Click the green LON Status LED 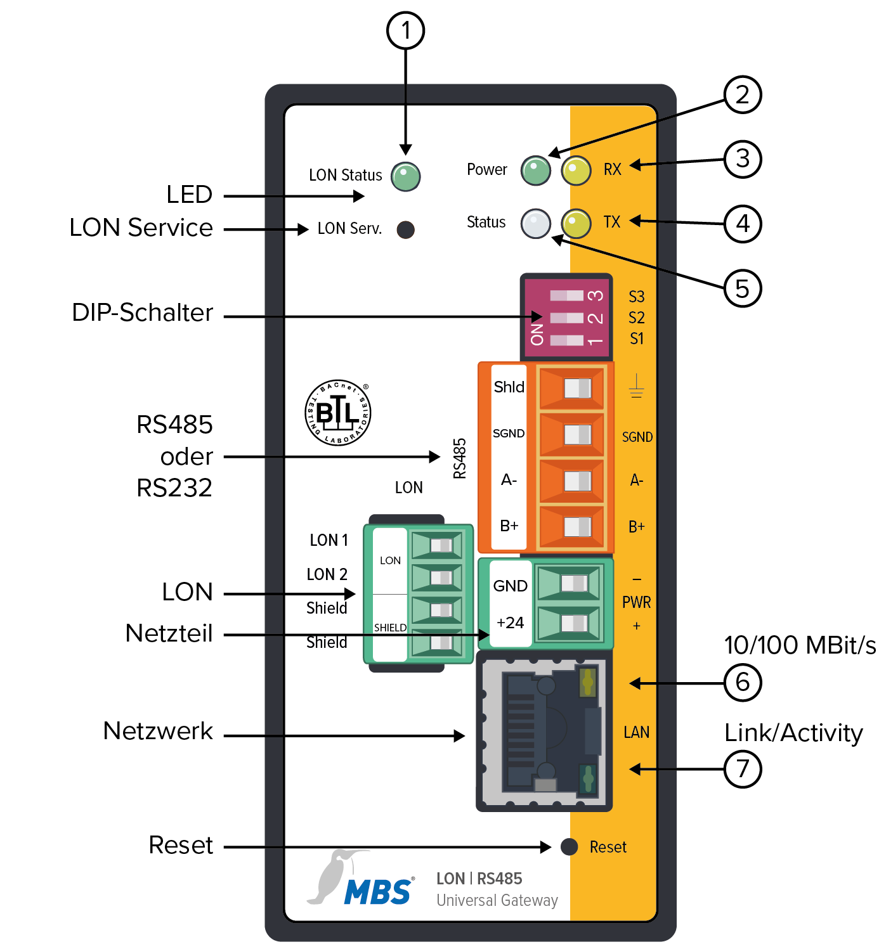click(x=406, y=176)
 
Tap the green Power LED click(x=536, y=171)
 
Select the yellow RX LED click(x=577, y=171)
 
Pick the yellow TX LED click(x=577, y=223)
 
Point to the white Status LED click(x=536, y=223)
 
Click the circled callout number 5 click(x=743, y=288)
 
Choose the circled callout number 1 click(x=406, y=30)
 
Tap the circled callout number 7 click(x=743, y=769)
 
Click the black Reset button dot click(x=570, y=846)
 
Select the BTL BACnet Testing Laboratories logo click(x=338, y=413)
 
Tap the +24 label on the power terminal click(x=511, y=623)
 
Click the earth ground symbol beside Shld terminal click(x=636, y=386)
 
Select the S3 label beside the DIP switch click(x=636, y=297)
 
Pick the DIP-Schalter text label click(x=143, y=313)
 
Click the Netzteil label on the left click(x=169, y=633)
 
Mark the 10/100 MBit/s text click(x=800, y=645)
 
